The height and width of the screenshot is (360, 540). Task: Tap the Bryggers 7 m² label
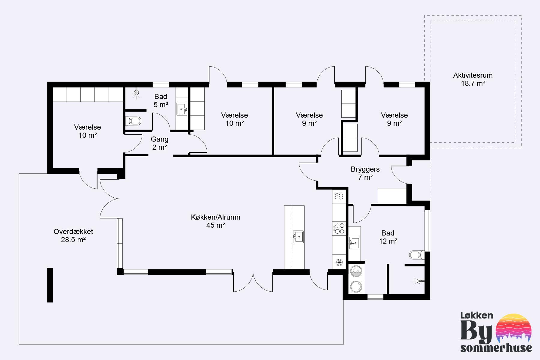tap(365, 173)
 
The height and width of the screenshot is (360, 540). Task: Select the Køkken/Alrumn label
tap(215, 217)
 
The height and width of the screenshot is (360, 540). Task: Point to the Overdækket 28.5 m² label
tap(73, 235)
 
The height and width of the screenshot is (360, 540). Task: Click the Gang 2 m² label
tap(159, 143)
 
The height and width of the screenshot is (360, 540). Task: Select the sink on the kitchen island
tap(298, 236)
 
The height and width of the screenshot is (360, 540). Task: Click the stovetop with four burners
tap(340, 229)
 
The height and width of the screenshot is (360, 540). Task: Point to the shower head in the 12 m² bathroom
tap(418, 281)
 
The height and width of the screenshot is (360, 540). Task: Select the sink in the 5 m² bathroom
tap(182, 109)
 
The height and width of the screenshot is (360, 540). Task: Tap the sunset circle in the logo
tap(514, 329)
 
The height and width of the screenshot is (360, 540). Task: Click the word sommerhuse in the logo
tap(496, 348)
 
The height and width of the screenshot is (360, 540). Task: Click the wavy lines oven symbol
tap(339, 196)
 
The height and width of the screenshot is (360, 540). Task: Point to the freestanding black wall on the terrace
tap(50, 285)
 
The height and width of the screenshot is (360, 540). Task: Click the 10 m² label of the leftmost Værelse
tap(88, 135)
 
